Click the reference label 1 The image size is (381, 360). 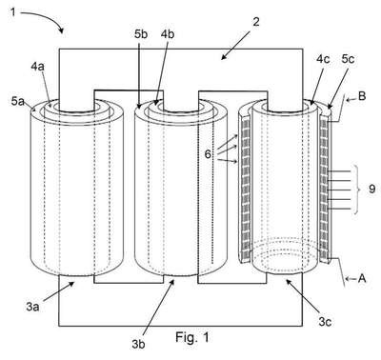click(x=13, y=12)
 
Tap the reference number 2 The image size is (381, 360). click(x=256, y=22)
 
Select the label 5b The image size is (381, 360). click(x=141, y=34)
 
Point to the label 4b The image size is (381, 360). click(x=168, y=34)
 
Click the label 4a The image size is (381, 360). click(x=37, y=67)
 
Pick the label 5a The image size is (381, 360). click(x=18, y=101)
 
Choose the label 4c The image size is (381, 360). click(x=323, y=59)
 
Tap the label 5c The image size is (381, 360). click(x=348, y=59)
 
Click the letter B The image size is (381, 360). click(x=362, y=96)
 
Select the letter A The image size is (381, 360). click(x=362, y=278)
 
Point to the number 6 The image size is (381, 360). click(x=208, y=154)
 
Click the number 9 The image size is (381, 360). click(x=372, y=189)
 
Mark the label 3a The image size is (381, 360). click(x=32, y=307)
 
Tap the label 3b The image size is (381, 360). click(x=138, y=344)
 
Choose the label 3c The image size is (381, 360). click(x=325, y=322)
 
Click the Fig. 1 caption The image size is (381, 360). click(x=192, y=337)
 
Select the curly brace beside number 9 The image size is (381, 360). click(x=358, y=190)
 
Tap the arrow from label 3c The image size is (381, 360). click(x=303, y=297)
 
